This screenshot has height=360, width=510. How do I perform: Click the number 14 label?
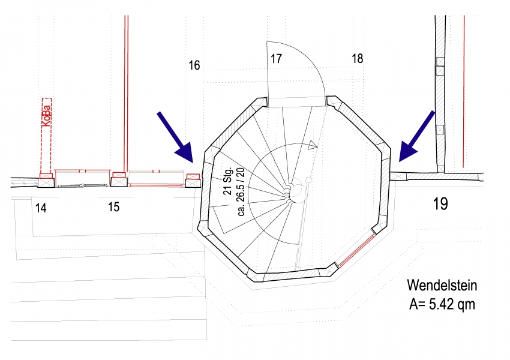[41, 208]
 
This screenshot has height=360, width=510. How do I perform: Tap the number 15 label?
[114, 207]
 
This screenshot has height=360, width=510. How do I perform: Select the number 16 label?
[194, 65]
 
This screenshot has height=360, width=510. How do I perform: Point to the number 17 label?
[276, 59]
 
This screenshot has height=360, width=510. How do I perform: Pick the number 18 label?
[358, 59]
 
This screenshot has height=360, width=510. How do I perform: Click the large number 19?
[440, 204]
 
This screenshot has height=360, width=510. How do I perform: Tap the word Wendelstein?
[442, 285]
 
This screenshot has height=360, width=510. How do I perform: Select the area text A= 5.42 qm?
[442, 304]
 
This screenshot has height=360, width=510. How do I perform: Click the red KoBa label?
[47, 116]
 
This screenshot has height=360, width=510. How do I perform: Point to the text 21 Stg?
[229, 181]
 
